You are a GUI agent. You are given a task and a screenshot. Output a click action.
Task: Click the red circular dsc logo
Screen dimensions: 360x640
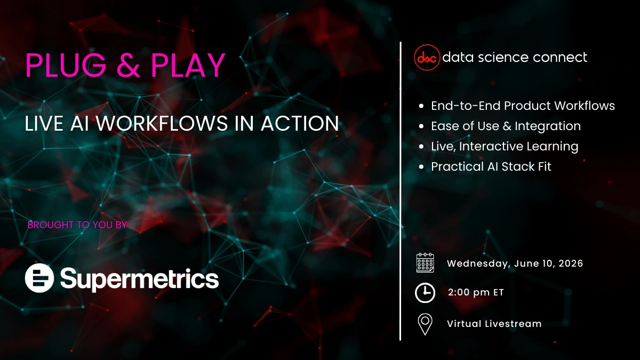tap(427, 58)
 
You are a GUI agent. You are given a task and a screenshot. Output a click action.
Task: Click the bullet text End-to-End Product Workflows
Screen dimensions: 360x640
tap(523, 106)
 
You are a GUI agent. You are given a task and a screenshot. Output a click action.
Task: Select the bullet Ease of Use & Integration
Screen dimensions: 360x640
tap(506, 126)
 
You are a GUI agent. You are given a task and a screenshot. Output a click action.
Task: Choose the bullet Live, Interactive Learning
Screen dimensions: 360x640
tap(505, 146)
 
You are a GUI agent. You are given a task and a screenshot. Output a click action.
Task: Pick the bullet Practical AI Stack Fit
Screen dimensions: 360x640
tap(491, 166)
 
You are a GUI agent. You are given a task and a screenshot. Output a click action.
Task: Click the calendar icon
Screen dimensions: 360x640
tap(425, 263)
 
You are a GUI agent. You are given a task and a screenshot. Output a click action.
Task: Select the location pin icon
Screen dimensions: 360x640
tap(425, 324)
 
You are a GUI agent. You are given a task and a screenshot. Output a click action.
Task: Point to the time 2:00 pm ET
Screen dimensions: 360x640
tap(476, 292)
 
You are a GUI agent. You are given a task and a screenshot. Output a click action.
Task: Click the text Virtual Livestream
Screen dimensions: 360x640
tap(494, 324)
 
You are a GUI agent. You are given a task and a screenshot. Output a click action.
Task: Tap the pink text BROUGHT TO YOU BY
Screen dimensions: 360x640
tap(77, 225)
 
